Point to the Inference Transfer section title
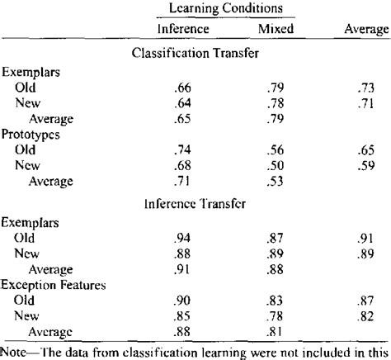(195, 203)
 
